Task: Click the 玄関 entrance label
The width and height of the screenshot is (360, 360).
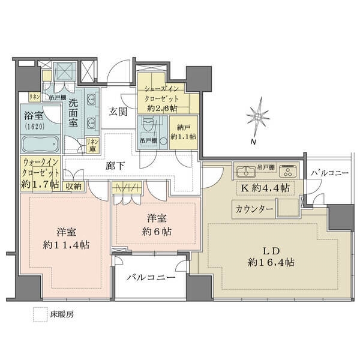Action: [x=118, y=111]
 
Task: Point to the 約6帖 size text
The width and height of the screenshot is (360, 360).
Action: [x=157, y=231]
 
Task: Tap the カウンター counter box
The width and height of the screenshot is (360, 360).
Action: [x=254, y=209]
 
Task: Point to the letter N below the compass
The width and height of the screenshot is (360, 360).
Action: [x=254, y=142]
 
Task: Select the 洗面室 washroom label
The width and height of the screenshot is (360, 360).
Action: [x=73, y=111]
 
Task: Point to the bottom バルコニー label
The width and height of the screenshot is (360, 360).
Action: [x=151, y=278]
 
